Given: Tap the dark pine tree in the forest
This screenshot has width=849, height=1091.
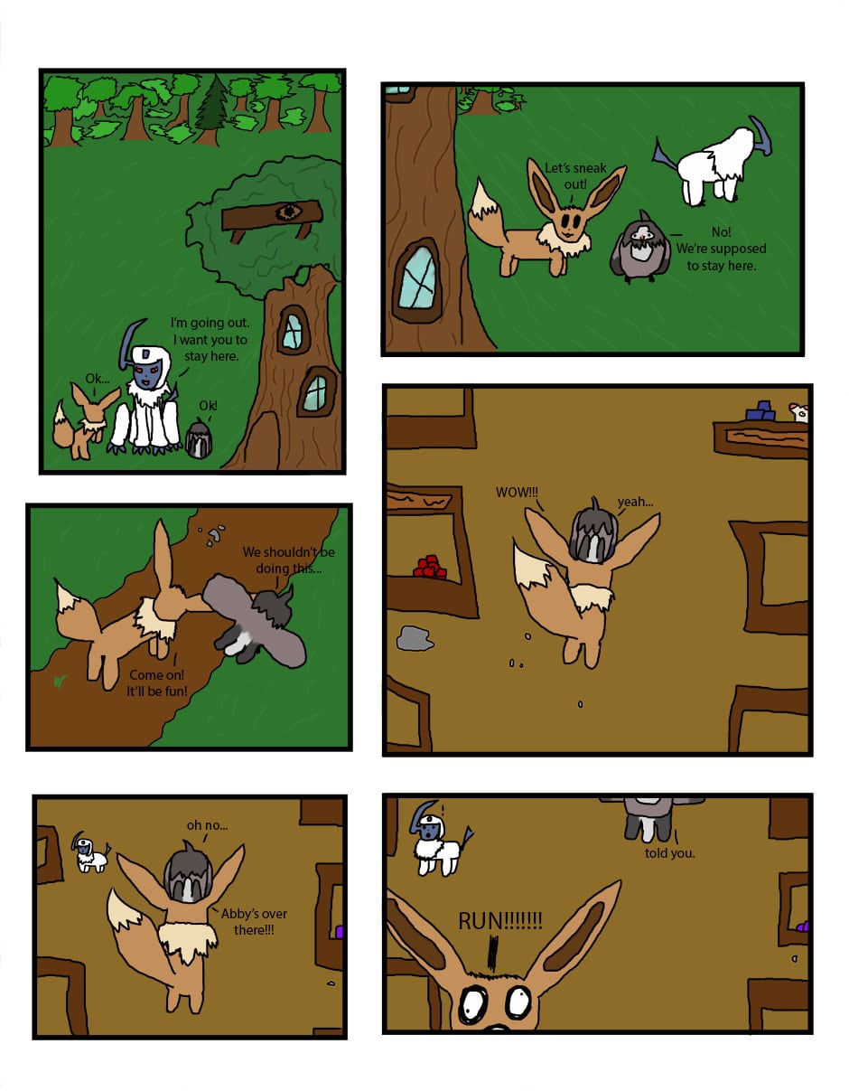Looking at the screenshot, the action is [212, 110].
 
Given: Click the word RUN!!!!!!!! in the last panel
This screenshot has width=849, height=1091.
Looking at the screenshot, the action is [500, 921].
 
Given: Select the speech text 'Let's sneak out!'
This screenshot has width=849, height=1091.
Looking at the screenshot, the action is [575, 175].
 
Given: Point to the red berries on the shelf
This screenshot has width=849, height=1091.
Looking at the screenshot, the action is [430, 568].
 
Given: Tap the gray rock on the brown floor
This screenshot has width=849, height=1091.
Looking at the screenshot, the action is [415, 638].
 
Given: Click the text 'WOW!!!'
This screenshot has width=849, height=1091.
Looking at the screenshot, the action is [517, 493].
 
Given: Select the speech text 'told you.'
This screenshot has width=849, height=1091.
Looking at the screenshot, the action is [669, 853].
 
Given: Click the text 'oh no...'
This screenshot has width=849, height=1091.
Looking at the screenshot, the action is [207, 825].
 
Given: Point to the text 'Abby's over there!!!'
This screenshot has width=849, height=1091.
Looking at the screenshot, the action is [254, 921].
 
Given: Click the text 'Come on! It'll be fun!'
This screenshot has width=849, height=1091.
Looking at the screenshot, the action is [156, 682].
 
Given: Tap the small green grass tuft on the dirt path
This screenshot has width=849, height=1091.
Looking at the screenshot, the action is [60, 682].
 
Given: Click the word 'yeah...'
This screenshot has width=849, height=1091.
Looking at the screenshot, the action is [635, 502].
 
